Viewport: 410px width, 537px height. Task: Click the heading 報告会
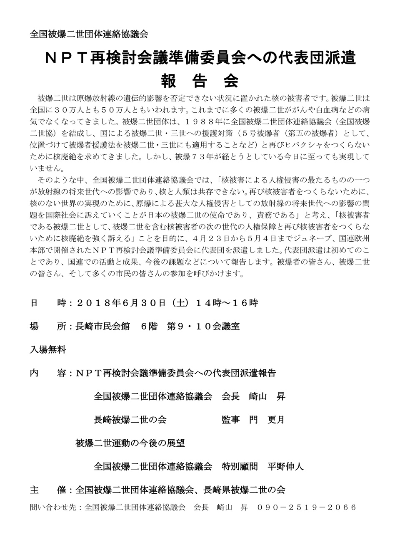tap(199, 80)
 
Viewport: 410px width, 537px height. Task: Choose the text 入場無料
tap(48, 349)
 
